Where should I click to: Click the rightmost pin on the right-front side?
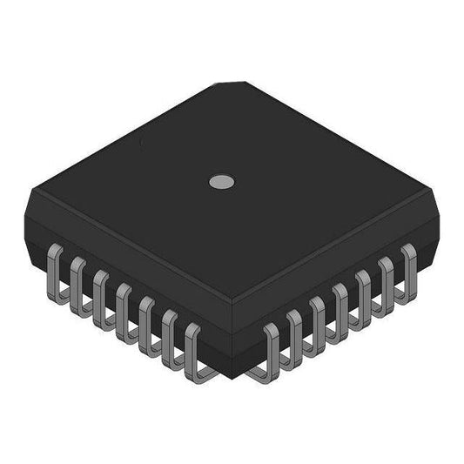point(407,269)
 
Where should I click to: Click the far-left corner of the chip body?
point(29,193)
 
